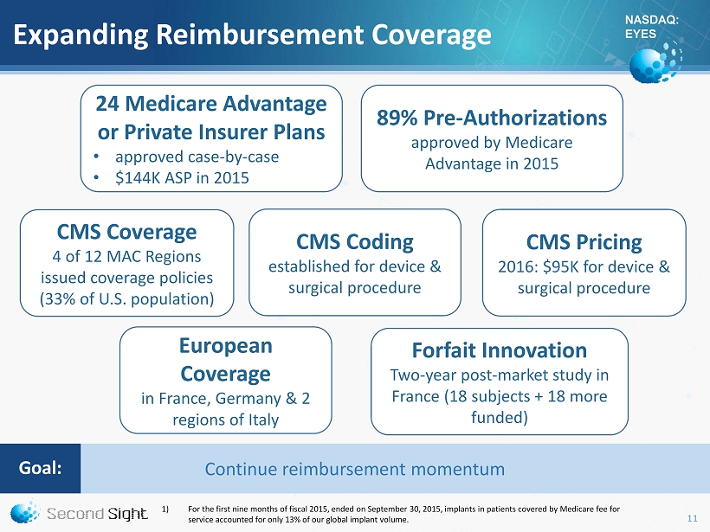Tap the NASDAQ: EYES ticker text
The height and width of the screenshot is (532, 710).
[652, 27]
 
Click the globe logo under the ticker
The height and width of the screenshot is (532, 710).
[655, 62]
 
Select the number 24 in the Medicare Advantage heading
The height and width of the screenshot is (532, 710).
[107, 104]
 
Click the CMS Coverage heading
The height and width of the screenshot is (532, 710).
[126, 232]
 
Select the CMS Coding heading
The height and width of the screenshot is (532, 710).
[355, 242]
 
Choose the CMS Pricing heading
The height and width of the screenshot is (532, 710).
[584, 242]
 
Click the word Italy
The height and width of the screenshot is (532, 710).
[263, 420]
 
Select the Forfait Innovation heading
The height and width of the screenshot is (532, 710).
[500, 350]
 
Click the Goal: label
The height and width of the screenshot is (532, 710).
[41, 468]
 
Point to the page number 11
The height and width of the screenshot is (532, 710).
[693, 518]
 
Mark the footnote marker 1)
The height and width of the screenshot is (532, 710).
[165, 510]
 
